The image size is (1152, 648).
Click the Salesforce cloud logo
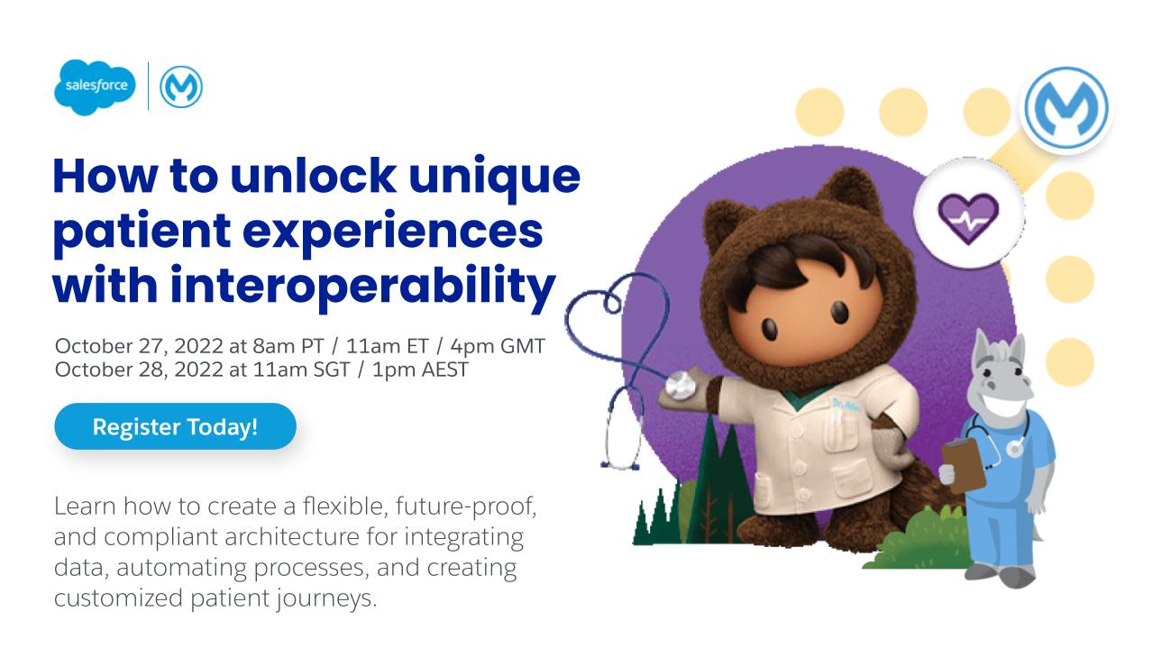[x=96, y=87]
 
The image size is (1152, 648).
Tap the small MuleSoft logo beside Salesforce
[x=181, y=87]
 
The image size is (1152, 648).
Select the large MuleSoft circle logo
[x=1066, y=109]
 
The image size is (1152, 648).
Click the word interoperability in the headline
[x=362, y=286]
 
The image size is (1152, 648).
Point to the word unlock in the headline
[x=314, y=176]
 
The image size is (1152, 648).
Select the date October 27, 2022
[x=139, y=347]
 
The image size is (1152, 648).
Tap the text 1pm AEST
[x=420, y=370]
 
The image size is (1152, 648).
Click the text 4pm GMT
[x=498, y=347]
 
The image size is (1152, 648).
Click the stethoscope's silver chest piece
[x=680, y=386]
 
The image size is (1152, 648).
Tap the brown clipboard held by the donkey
[x=964, y=465]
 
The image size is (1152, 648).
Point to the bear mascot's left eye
[x=770, y=328]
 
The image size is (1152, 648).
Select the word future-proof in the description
[x=466, y=507]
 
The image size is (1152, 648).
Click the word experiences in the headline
[x=392, y=232]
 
